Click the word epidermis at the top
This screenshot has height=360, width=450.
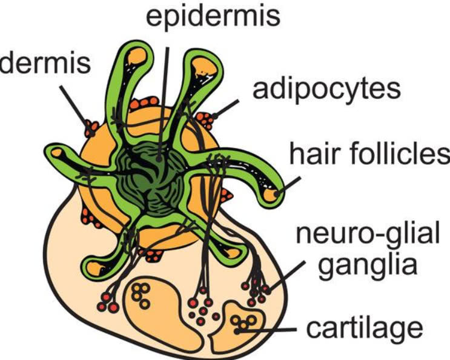(x=213, y=16)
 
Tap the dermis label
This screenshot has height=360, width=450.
(x=45, y=63)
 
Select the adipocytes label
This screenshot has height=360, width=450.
(x=326, y=90)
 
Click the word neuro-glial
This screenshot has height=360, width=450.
(x=368, y=234)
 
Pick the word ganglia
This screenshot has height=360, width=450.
(x=368, y=266)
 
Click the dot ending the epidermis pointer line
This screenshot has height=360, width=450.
(x=159, y=158)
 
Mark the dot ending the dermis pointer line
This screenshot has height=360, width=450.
(x=91, y=133)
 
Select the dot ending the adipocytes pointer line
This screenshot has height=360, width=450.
(x=214, y=116)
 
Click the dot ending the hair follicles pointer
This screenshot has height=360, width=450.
(x=277, y=194)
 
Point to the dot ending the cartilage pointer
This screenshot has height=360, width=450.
(x=237, y=332)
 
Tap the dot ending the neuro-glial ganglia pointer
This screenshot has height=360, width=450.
(x=268, y=292)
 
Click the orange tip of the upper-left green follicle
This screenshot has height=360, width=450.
(x=137, y=56)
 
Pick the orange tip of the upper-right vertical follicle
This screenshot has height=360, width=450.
(x=204, y=67)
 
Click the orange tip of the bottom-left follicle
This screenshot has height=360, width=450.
(x=94, y=268)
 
